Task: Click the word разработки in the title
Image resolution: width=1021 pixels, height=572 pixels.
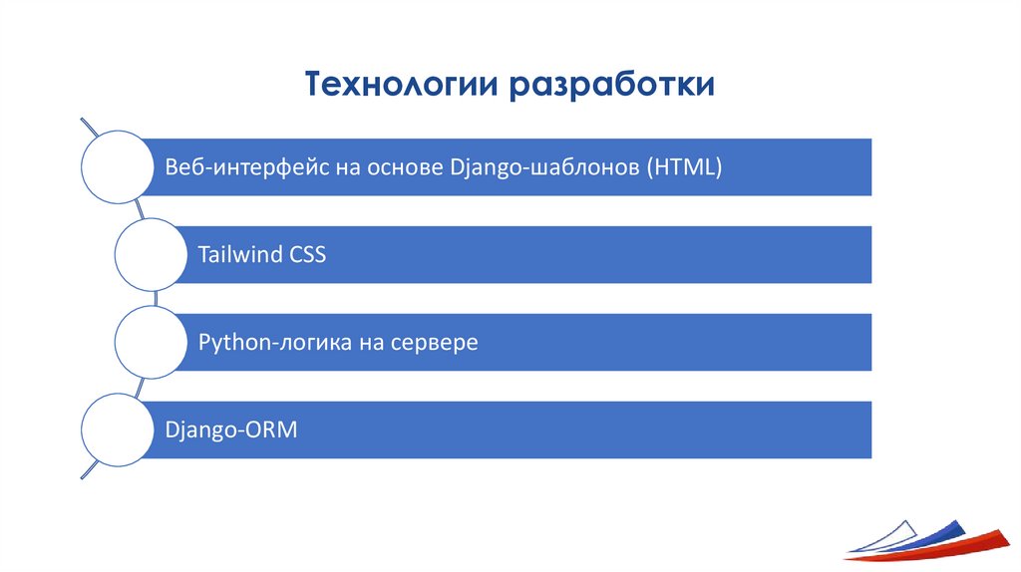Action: click(x=612, y=84)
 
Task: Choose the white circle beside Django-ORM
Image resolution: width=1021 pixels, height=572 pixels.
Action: click(x=115, y=430)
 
